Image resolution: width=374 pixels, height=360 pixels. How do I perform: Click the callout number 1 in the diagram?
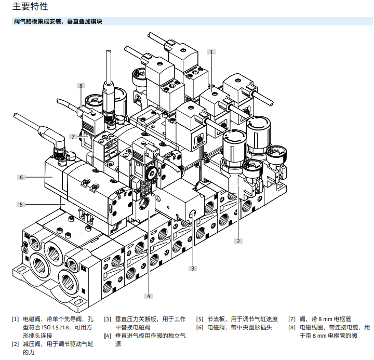click(211, 52)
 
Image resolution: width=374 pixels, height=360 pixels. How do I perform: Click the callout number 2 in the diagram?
click(238, 241)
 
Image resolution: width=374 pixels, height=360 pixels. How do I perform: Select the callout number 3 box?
click(193, 269)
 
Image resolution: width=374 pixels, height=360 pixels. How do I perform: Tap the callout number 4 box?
click(149, 296)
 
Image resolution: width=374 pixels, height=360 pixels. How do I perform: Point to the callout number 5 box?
click(21, 205)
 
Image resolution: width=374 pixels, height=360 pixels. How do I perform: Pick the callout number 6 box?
click(21, 177)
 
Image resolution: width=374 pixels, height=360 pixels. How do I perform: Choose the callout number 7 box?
click(73, 137)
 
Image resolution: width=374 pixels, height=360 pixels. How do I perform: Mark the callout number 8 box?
click(81, 86)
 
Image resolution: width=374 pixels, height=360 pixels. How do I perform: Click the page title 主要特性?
click(30, 6)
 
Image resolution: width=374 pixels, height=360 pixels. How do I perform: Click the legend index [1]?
click(15, 319)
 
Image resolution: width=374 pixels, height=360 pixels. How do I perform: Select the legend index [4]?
click(108, 336)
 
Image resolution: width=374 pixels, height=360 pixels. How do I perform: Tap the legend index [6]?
click(199, 328)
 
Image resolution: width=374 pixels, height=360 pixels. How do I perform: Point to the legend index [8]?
click(292, 328)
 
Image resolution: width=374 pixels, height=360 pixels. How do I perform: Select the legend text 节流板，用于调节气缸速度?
click(243, 319)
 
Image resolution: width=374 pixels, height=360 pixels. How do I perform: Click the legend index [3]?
click(108, 319)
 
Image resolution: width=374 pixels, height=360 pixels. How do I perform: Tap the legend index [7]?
click(292, 319)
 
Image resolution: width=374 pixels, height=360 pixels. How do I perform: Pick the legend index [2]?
click(15, 344)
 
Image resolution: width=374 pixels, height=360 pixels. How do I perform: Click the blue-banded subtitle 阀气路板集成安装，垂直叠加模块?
click(58, 21)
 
